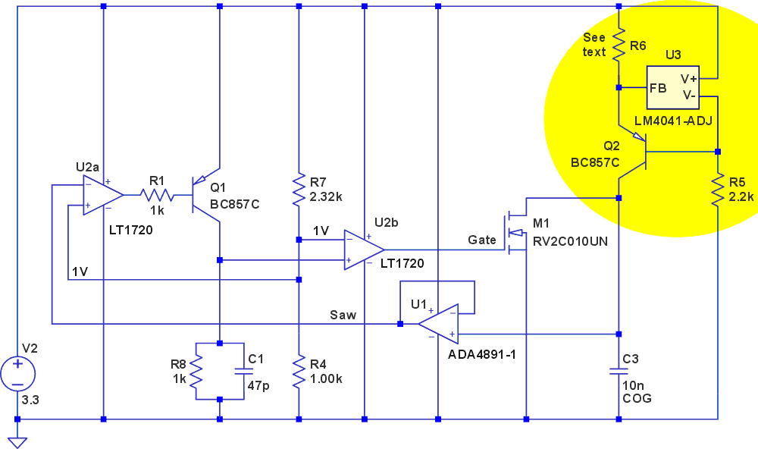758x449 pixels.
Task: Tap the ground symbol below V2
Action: click(x=17, y=440)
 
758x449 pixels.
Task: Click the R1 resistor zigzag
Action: click(x=158, y=196)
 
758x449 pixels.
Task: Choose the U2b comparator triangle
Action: click(x=362, y=250)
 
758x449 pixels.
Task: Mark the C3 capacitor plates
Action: click(x=619, y=372)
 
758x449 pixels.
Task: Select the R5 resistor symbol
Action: click(x=717, y=190)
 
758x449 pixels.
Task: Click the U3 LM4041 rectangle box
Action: click(x=674, y=88)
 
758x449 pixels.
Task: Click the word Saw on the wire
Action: click(x=343, y=315)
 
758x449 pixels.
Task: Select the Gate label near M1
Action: click(x=481, y=240)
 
